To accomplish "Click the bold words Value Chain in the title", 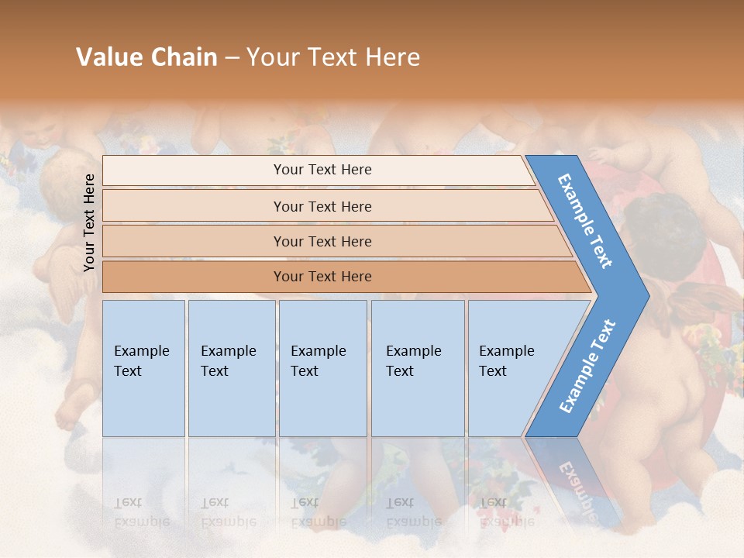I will point(146,57).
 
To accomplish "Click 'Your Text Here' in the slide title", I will point(333,57).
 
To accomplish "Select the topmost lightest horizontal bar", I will point(322,170).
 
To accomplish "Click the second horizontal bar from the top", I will point(322,206).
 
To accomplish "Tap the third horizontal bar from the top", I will point(322,241).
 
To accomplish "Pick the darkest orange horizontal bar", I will point(322,277).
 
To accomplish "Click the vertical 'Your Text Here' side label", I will point(89,222).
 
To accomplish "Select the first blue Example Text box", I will point(143,368).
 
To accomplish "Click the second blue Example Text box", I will point(231,368).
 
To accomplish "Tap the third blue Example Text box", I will point(322,368).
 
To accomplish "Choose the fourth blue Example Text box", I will point(417,368).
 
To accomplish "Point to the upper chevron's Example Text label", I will point(585,221).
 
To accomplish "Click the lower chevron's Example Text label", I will point(587,366).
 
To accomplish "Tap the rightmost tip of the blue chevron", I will point(647,295).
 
